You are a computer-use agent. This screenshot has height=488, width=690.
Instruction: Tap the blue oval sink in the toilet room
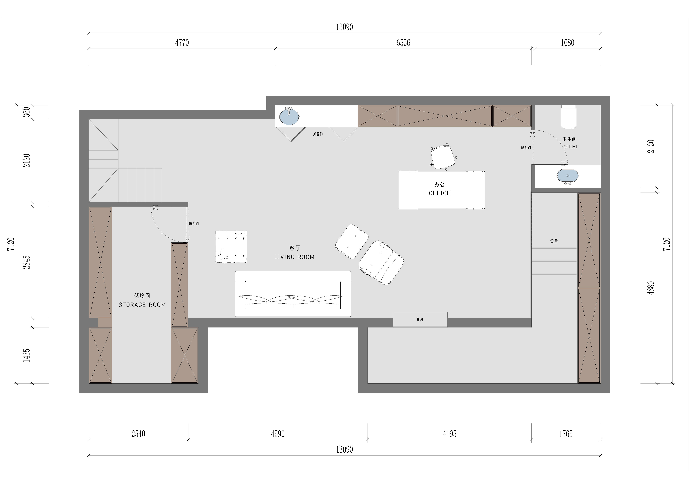pos(568,176)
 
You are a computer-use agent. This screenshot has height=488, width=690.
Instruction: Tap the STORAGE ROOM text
pos(142,305)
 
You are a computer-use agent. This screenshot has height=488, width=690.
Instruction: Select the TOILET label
pos(569,147)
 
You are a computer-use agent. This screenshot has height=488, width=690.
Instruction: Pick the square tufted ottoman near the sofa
pos(231,247)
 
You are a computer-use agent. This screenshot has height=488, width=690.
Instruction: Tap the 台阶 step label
pos(554,241)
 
